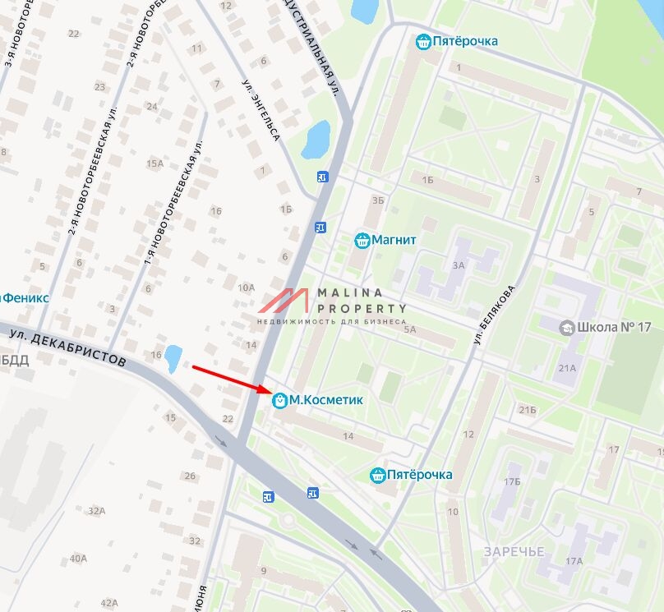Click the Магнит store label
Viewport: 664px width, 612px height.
point(394,240)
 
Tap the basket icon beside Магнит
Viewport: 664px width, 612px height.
point(361,240)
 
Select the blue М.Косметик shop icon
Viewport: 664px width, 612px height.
point(279,400)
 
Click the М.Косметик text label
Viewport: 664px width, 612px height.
point(326,400)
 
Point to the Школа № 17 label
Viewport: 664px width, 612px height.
point(614,327)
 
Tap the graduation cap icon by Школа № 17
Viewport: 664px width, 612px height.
point(566,328)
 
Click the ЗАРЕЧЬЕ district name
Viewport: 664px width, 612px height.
point(514,551)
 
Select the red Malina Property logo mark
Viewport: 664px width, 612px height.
point(284,301)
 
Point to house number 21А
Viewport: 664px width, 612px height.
point(568,368)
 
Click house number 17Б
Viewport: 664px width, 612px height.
point(513,481)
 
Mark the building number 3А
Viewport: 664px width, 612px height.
point(458,265)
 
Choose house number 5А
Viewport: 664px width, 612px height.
point(410,329)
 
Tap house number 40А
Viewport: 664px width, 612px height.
point(78,559)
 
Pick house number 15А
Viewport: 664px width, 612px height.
point(154,163)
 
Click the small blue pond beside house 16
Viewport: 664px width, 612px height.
point(173,357)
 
